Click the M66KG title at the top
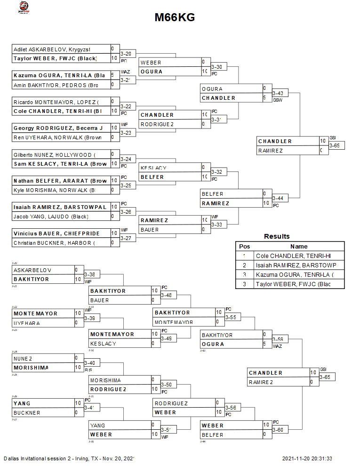[x=175, y=17]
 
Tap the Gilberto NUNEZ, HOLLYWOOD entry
[x=54, y=154]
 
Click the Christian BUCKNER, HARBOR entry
[x=54, y=243]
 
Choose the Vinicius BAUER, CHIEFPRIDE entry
[x=56, y=233]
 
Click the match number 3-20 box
[x=126, y=54]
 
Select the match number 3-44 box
[x=278, y=198]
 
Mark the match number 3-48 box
[x=167, y=295]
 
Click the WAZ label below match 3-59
[x=277, y=346]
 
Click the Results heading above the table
[x=277, y=236]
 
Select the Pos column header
[x=244, y=246]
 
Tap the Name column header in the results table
[x=299, y=246]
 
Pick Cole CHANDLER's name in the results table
[x=293, y=256]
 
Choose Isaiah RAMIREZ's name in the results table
[x=298, y=265]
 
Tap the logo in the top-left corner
[x=23, y=7]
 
